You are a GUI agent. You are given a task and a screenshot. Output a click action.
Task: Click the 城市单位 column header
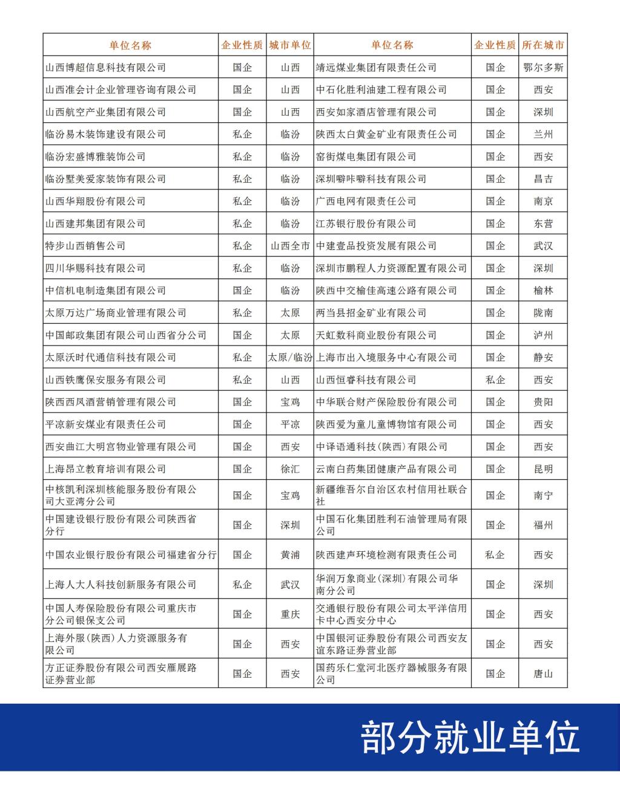[x=290, y=45]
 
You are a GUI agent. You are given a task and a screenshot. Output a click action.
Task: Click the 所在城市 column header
[x=543, y=45]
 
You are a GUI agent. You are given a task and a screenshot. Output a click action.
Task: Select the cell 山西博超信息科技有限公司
[x=105, y=67]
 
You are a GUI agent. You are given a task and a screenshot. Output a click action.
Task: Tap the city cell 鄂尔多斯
[x=543, y=67]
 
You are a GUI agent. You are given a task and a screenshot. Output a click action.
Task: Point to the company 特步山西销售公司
[x=85, y=246]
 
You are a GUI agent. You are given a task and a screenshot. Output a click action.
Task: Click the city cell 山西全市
[x=290, y=246]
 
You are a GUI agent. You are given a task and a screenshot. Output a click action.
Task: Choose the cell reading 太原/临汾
[x=290, y=358]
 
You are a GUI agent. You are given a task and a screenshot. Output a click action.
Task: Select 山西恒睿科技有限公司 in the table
[x=366, y=380]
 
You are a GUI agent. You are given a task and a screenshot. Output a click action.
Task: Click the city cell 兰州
[x=543, y=134]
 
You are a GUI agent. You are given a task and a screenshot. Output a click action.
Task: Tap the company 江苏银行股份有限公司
[x=366, y=224]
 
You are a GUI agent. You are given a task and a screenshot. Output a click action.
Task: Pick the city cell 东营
[x=543, y=224]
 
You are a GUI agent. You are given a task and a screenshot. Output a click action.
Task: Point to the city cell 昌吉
[x=543, y=179]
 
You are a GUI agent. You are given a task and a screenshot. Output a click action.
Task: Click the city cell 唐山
[x=543, y=673]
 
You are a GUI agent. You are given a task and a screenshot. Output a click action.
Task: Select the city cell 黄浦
[x=290, y=555]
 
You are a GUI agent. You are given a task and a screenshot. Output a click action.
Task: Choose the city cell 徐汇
[x=290, y=469]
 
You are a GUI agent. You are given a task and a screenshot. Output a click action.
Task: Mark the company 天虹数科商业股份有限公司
[x=376, y=335]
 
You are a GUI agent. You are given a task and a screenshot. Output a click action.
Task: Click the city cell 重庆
[x=290, y=614]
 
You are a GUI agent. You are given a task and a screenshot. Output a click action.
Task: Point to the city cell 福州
[x=543, y=525]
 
